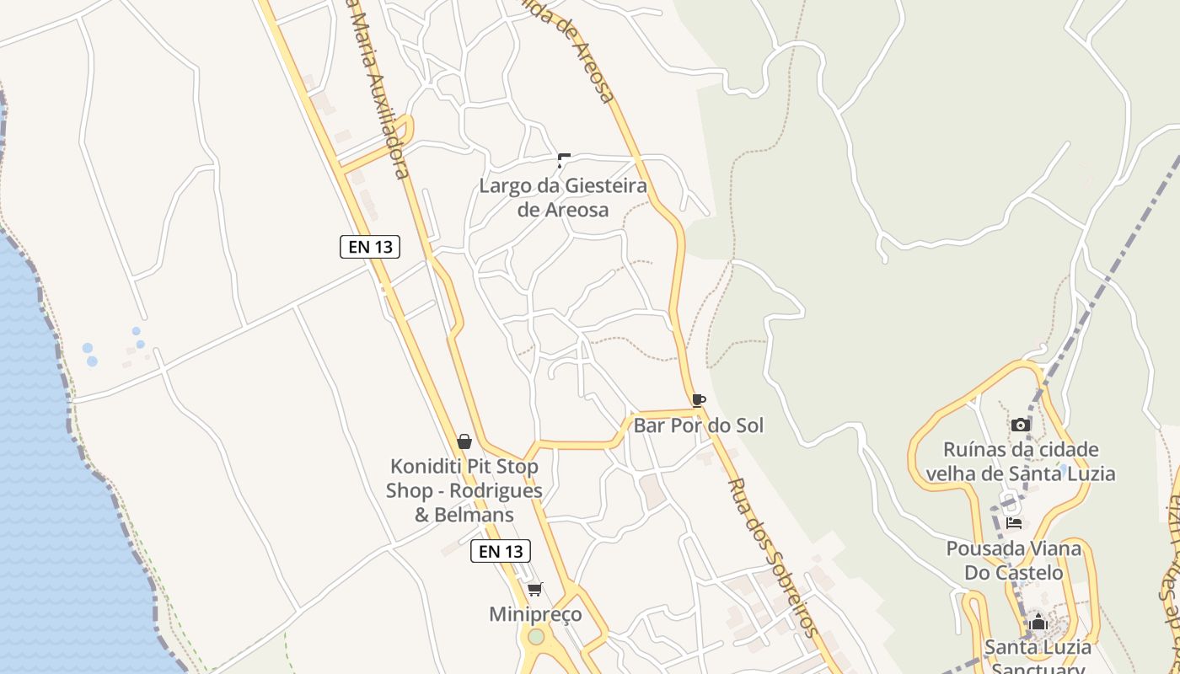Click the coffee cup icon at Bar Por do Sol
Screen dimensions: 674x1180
point(698,400)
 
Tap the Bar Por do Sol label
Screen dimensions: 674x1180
point(698,425)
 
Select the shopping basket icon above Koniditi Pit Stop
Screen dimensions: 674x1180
point(464,441)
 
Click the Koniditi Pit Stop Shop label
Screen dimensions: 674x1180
point(464,489)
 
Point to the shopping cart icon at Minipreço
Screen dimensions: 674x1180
point(534,589)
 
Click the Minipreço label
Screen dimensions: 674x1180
point(535,614)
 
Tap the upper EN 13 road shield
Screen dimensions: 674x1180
point(370,247)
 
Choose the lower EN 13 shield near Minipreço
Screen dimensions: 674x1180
point(501,551)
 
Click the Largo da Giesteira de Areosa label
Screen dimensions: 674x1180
point(563,197)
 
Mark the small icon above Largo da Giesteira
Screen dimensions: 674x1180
point(564,159)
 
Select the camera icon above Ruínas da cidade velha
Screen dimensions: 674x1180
point(1021,425)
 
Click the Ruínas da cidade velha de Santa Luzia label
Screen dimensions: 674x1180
point(1021,461)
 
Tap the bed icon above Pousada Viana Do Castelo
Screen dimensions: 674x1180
point(1014,523)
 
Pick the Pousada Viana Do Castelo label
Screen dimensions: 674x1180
point(1014,560)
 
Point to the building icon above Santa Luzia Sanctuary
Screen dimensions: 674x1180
point(1038,623)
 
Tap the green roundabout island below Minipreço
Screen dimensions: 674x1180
point(536,636)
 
